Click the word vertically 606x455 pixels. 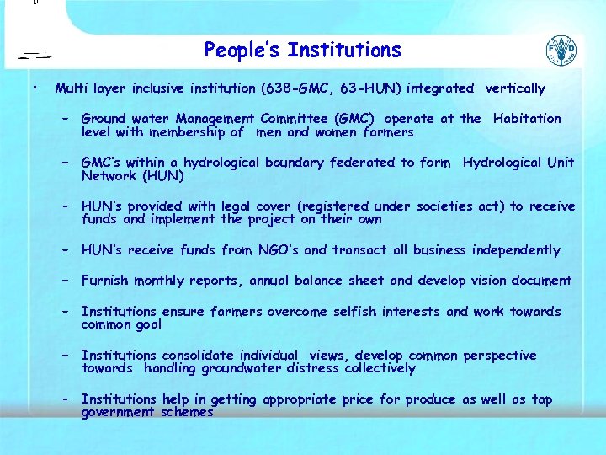(x=515, y=88)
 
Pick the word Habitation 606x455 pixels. (x=527, y=119)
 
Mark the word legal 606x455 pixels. (x=239, y=206)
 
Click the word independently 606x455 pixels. (x=516, y=250)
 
